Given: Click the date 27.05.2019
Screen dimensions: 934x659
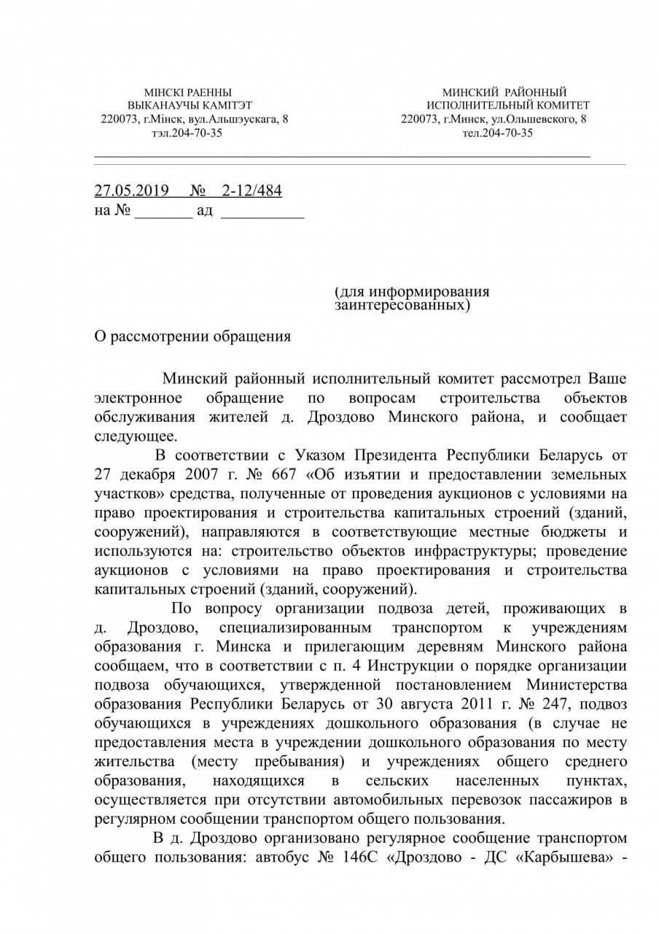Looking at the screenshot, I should (x=131, y=191).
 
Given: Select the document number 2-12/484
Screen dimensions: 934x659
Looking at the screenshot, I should (x=251, y=191).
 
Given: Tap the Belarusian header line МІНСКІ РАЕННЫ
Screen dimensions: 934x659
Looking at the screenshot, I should (x=188, y=93).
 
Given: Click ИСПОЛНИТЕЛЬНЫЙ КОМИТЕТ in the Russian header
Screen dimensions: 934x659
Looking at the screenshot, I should (x=508, y=106).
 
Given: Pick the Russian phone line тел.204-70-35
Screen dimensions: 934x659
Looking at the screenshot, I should (x=497, y=133).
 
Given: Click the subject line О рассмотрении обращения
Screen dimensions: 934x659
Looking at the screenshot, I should (x=192, y=336).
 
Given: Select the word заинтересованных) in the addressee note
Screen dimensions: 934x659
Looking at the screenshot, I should (x=402, y=304).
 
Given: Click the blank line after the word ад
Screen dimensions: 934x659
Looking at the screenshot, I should (x=262, y=216).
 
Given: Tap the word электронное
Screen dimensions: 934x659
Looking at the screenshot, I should (x=138, y=398).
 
